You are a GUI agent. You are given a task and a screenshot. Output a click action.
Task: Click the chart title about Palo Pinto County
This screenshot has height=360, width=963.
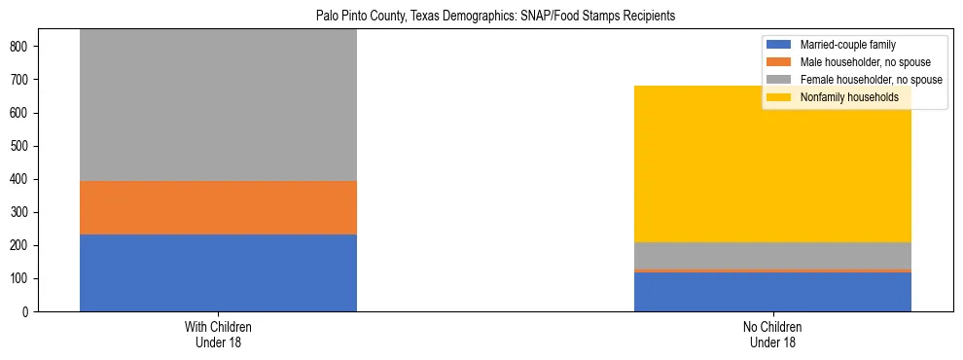tap(495, 17)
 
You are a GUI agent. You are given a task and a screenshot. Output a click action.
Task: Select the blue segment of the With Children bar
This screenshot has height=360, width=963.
tap(218, 272)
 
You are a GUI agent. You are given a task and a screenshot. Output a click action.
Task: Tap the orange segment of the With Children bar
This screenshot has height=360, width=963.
tap(218, 207)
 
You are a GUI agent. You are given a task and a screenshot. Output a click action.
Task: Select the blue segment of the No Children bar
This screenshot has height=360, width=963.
tap(772, 292)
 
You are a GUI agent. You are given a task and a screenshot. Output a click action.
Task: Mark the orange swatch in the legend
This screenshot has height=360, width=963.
tap(780, 62)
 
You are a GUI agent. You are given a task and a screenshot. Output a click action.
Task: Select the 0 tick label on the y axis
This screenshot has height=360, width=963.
tap(33, 311)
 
